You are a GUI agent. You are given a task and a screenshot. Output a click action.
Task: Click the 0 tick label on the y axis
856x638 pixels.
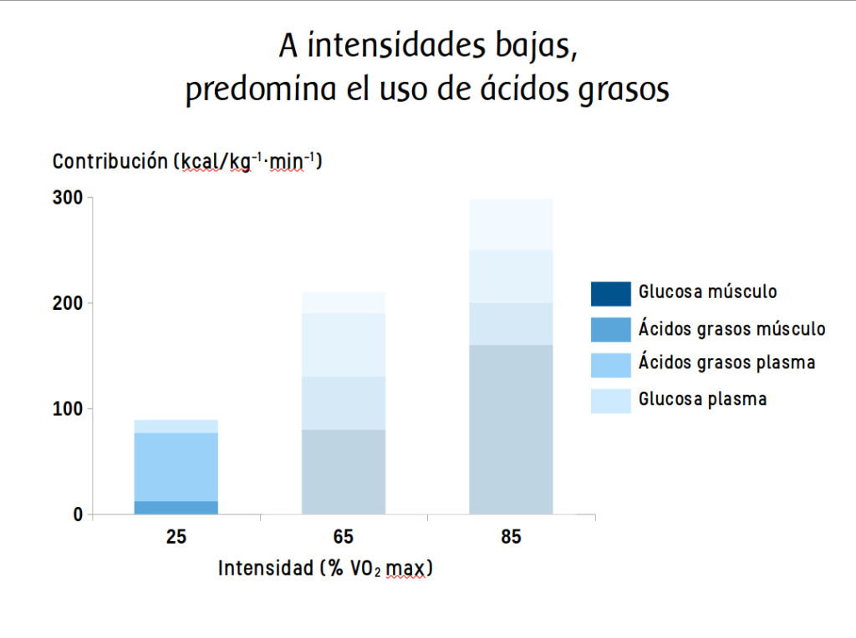click(78, 514)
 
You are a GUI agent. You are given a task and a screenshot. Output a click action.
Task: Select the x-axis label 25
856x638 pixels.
click(176, 537)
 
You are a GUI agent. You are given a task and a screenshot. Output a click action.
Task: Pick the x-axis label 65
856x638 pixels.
click(344, 537)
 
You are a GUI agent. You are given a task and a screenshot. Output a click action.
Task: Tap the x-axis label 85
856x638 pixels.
click(511, 537)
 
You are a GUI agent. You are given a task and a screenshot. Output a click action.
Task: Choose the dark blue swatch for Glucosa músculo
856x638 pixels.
click(610, 294)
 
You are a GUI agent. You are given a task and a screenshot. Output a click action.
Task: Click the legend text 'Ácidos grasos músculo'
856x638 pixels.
click(732, 328)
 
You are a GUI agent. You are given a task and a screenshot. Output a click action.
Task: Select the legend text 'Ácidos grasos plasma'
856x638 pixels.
click(726, 363)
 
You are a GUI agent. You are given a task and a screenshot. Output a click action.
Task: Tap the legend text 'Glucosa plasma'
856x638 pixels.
click(702, 398)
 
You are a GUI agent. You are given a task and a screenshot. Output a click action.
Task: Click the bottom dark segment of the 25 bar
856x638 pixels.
click(176, 508)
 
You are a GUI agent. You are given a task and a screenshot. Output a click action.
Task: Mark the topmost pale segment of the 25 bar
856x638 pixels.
click(176, 426)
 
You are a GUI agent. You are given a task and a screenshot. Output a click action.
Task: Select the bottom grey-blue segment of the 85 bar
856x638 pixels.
click(511, 429)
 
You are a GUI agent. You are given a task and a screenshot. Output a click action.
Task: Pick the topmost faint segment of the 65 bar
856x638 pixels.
click(344, 302)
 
